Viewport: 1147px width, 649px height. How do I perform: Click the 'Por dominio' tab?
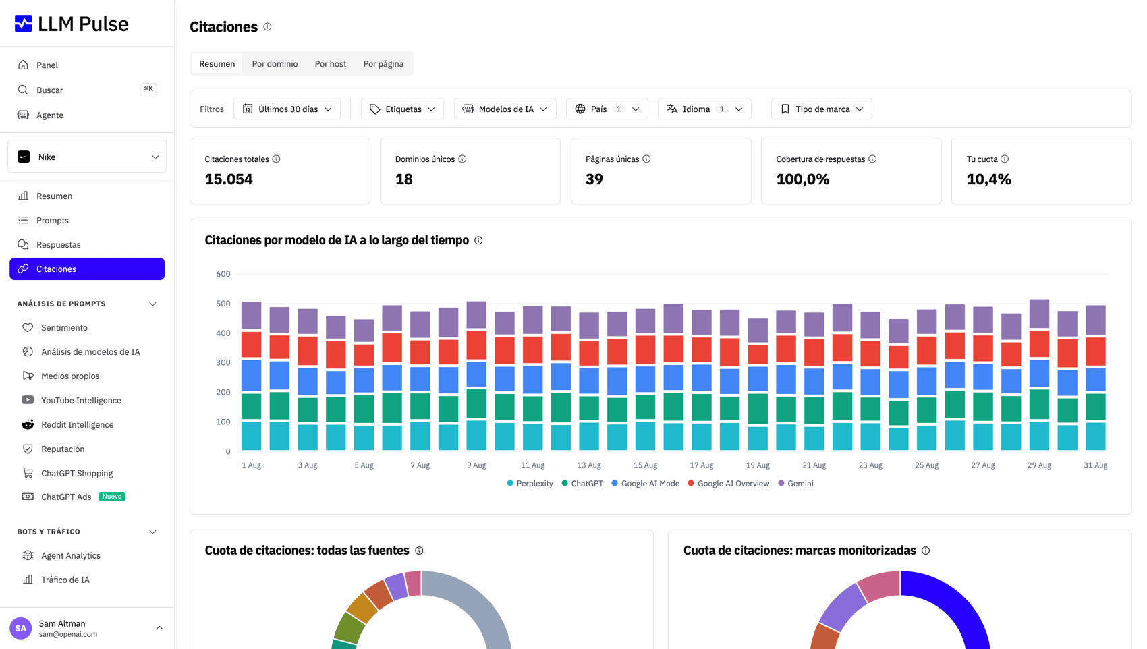[x=275, y=64]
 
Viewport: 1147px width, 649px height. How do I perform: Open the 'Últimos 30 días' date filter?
[x=287, y=109]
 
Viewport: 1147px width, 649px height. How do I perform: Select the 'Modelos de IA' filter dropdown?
[x=505, y=109]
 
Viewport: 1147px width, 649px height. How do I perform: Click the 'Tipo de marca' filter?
[x=821, y=109]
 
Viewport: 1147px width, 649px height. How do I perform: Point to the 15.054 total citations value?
[x=228, y=179]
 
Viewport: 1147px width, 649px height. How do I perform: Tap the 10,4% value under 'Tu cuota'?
[x=988, y=179]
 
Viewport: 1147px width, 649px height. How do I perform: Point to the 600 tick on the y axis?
[x=223, y=274]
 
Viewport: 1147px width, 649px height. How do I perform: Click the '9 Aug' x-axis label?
[x=476, y=465]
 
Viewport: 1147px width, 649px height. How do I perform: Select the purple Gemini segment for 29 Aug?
[x=1039, y=314]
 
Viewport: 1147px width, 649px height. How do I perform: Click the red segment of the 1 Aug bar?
[x=251, y=345]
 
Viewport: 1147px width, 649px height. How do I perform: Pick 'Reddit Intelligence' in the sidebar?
[x=78, y=425]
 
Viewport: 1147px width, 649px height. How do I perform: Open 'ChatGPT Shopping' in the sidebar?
[x=77, y=474]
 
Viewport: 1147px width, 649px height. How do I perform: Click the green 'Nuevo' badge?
[x=111, y=497]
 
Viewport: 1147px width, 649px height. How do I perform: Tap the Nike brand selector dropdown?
[x=87, y=157]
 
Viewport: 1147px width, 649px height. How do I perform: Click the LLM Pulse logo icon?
[x=23, y=24]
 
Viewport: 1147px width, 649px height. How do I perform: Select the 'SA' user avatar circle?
[x=20, y=628]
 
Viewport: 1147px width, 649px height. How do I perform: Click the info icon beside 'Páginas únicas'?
[x=647, y=159]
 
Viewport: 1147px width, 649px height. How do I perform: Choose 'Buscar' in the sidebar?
[x=50, y=90]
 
